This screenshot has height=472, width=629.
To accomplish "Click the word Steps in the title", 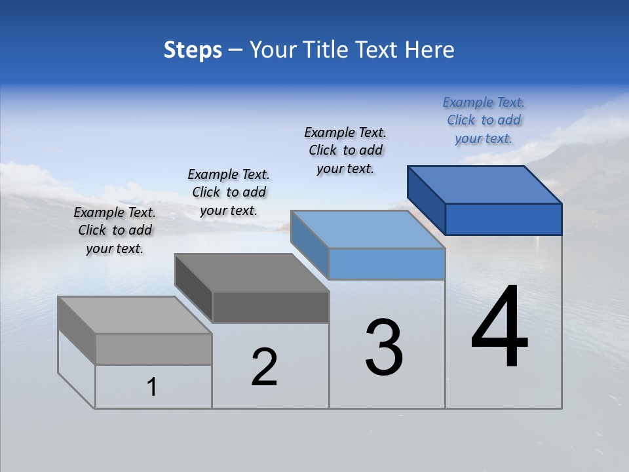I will click(x=193, y=50).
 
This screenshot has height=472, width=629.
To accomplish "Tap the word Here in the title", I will click(x=429, y=50).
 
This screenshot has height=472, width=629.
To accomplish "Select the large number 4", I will click(x=499, y=328).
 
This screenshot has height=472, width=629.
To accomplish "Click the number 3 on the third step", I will click(x=384, y=347).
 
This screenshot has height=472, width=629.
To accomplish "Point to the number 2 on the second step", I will click(x=264, y=367).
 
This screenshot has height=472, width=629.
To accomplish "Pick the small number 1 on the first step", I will click(x=152, y=387).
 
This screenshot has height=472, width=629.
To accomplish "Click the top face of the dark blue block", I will click(x=485, y=185).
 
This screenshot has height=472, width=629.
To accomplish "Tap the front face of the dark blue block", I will click(x=503, y=219).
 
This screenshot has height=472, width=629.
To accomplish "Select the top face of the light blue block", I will click(x=368, y=229).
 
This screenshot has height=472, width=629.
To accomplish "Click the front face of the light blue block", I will click(x=387, y=264).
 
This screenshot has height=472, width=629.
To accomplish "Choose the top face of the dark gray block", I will click(x=252, y=273).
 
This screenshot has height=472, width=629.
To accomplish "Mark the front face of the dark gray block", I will click(x=270, y=307).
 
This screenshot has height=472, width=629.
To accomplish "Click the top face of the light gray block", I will click(x=135, y=315).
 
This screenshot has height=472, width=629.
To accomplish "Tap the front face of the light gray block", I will click(x=153, y=349).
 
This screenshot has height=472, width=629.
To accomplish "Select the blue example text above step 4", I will click(x=484, y=120).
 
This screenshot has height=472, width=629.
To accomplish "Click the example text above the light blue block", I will click(x=345, y=150).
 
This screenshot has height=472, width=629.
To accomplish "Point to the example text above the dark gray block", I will click(x=229, y=192).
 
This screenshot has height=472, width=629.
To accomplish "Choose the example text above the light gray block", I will click(x=115, y=230).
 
